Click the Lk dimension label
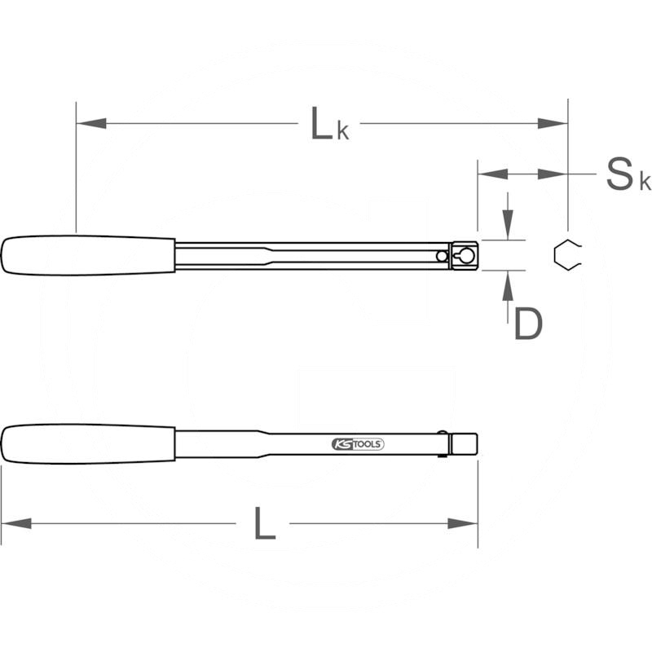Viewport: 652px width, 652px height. point(330,124)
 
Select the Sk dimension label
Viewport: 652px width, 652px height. point(628,174)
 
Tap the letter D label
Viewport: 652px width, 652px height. point(528,324)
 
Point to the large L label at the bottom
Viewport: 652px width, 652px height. point(264,523)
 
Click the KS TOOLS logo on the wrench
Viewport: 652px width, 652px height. point(358,444)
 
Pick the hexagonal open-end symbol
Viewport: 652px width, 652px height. point(567,255)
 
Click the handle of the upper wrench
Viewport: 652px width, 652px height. point(88,255)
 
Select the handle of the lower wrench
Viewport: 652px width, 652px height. point(88,444)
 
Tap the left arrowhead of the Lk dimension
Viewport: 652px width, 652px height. point(91,124)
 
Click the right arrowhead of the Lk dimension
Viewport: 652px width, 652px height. point(553,124)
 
